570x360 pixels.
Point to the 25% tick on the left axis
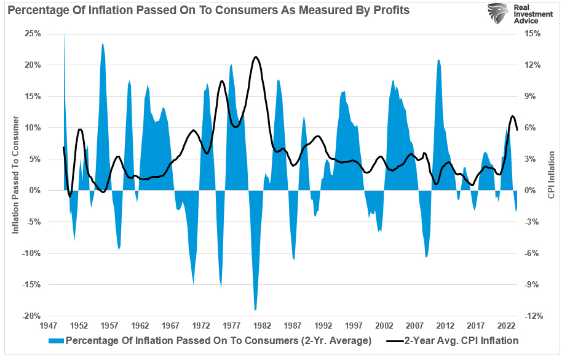pyautogui.click(x=32, y=33)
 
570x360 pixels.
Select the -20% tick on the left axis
pyautogui.click(x=31, y=316)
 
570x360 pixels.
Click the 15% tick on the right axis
pyautogui.click(x=532, y=33)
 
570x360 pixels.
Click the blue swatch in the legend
pyautogui.click(x=57, y=340)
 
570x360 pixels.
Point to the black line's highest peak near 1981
pyautogui.click(x=256, y=57)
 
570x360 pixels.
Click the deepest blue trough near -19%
pyautogui.click(x=255, y=310)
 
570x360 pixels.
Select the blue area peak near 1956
pyautogui.click(x=103, y=44)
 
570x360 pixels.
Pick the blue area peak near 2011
pyautogui.click(x=438, y=60)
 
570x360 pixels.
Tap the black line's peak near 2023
pyautogui.click(x=512, y=116)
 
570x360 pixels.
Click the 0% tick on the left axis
pyautogui.click(x=34, y=190)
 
